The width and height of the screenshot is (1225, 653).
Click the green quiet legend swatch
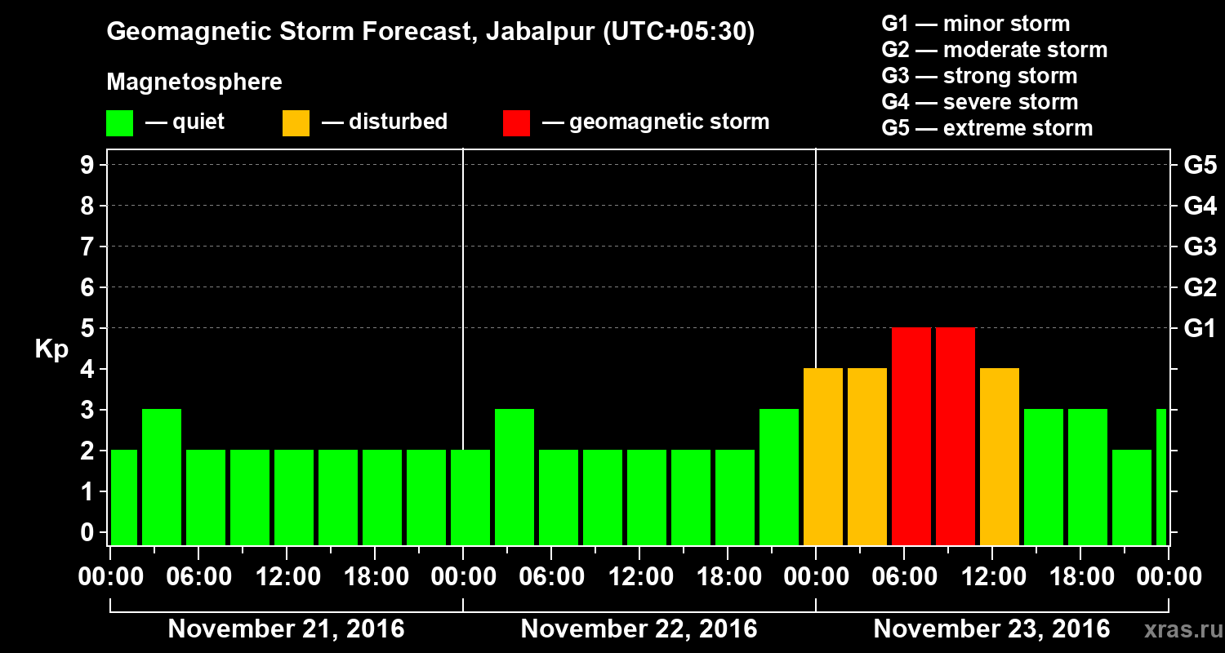[119, 122]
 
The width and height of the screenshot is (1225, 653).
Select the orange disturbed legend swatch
[296, 122]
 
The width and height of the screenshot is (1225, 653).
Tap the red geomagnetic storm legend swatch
[516, 122]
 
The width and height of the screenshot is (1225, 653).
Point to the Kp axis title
[51, 349]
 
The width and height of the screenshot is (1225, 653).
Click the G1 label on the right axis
[1200, 329]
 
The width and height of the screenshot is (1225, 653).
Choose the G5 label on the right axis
[1200, 166]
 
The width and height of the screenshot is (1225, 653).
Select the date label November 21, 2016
[286, 629]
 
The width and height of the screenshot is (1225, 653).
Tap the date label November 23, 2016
[991, 629]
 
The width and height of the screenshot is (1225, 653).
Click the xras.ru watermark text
[1177, 629]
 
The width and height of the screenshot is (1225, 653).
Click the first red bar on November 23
[911, 436]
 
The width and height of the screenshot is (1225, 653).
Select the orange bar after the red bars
[1000, 456]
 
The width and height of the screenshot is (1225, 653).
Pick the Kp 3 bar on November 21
[162, 477]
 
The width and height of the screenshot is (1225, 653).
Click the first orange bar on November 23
[823, 456]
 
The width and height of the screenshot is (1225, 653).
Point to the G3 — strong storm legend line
[979, 76]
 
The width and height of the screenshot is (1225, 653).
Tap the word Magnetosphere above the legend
[194, 82]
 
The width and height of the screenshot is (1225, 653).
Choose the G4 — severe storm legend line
[979, 102]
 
